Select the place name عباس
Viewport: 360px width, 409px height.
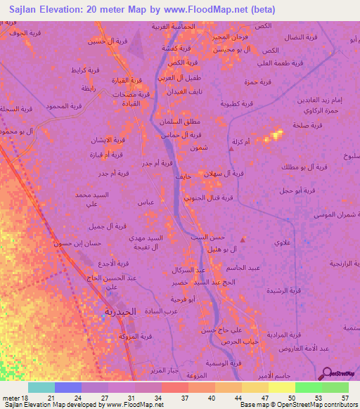click(x=146, y=202)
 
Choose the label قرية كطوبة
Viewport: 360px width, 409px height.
click(x=251, y=103)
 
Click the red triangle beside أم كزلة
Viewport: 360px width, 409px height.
click(x=231, y=148)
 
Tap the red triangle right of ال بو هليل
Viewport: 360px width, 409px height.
click(x=243, y=240)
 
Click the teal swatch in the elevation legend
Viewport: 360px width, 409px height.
click(x=41, y=387)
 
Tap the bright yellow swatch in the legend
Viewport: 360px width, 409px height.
click(x=282, y=387)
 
